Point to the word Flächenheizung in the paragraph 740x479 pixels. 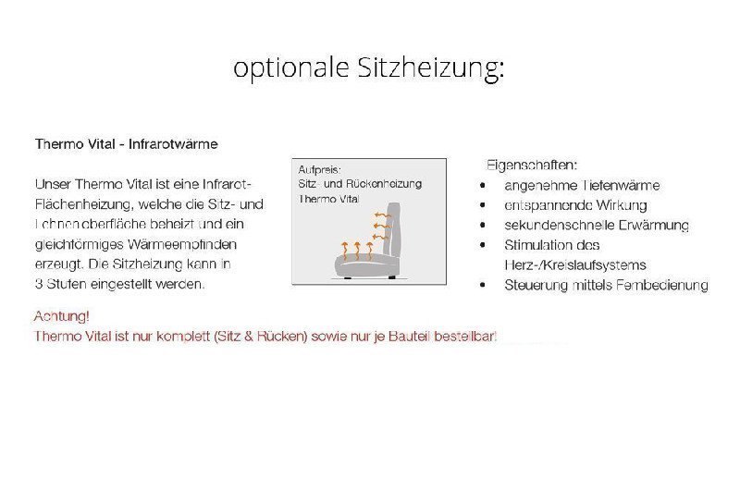coord(86,203)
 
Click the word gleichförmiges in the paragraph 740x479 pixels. coord(80,244)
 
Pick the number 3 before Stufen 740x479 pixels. coord(38,284)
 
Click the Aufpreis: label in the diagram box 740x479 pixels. coord(320,170)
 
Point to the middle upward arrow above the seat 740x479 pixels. coord(357,248)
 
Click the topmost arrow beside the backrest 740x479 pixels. coord(381,215)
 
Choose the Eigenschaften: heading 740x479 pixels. coord(532,165)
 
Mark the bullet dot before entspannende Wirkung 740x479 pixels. coord(483,205)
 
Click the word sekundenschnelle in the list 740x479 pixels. coord(553,225)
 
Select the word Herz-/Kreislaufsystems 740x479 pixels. coord(574,264)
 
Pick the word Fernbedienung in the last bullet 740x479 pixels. coord(663,285)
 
